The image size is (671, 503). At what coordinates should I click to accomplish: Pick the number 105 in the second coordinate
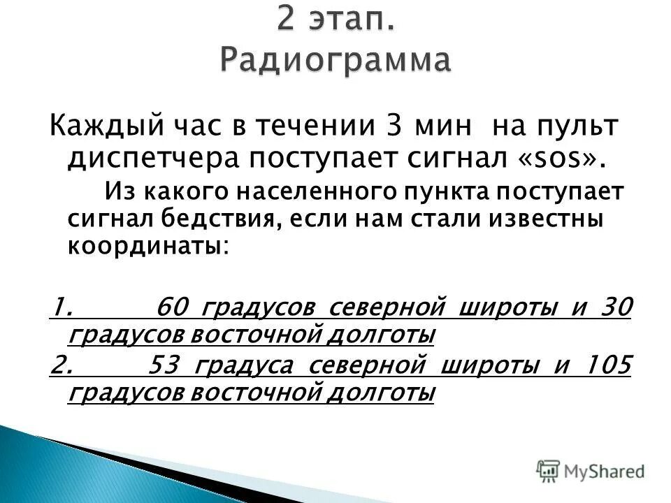tap(607, 365)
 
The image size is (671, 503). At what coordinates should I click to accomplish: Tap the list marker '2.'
tap(61, 365)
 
